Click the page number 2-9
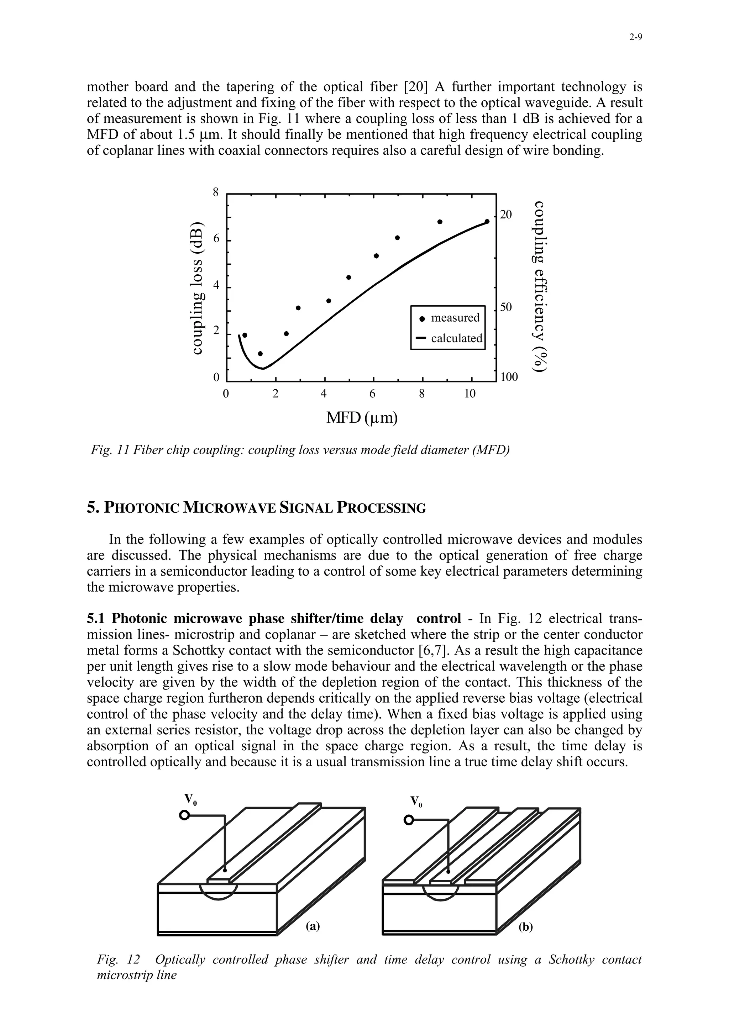pos(635,38)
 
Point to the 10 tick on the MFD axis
pos(470,394)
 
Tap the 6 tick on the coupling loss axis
pos(216,240)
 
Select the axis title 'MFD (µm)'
pos(362,418)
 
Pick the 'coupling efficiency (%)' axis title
pos(541,286)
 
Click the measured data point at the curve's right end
pos(487,221)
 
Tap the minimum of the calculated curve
pos(263,368)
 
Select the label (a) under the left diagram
pos(312,926)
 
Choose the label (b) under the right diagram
pos(525,927)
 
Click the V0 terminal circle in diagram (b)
pos(408,820)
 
